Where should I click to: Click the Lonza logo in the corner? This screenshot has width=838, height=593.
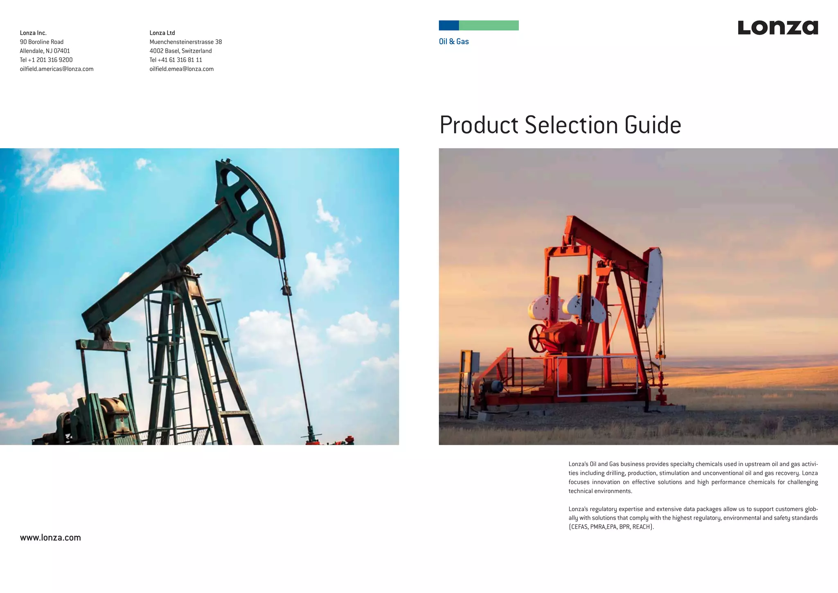(777, 28)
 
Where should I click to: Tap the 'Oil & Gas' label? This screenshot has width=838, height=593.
(453, 41)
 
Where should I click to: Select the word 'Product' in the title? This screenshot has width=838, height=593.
(479, 125)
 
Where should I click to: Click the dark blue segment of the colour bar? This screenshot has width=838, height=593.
(448, 25)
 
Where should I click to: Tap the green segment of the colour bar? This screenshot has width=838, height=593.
(489, 25)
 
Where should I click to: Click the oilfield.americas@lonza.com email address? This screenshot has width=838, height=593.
(56, 69)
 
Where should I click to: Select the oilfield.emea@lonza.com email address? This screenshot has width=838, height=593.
(181, 69)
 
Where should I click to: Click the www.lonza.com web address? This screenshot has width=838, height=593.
(50, 538)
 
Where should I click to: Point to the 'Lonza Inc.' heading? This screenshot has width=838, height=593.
(33, 33)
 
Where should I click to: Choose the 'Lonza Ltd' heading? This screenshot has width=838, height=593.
(162, 33)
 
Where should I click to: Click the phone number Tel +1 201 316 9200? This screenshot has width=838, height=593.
(46, 60)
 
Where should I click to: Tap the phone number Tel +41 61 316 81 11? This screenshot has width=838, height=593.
(176, 60)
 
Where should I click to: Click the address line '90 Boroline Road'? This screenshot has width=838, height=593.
(42, 42)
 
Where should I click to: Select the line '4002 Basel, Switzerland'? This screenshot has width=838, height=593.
(180, 51)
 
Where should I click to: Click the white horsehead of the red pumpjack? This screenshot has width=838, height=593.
(653, 287)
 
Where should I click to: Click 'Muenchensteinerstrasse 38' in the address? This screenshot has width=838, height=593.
(185, 42)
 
